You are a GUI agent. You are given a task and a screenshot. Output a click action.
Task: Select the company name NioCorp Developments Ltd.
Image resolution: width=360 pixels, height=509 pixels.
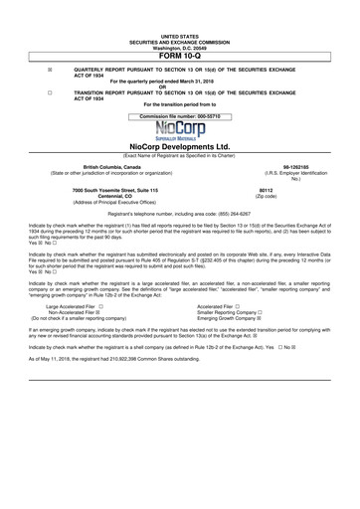[180, 146]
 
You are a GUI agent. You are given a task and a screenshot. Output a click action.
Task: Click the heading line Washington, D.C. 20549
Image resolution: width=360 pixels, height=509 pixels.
[180, 20]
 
